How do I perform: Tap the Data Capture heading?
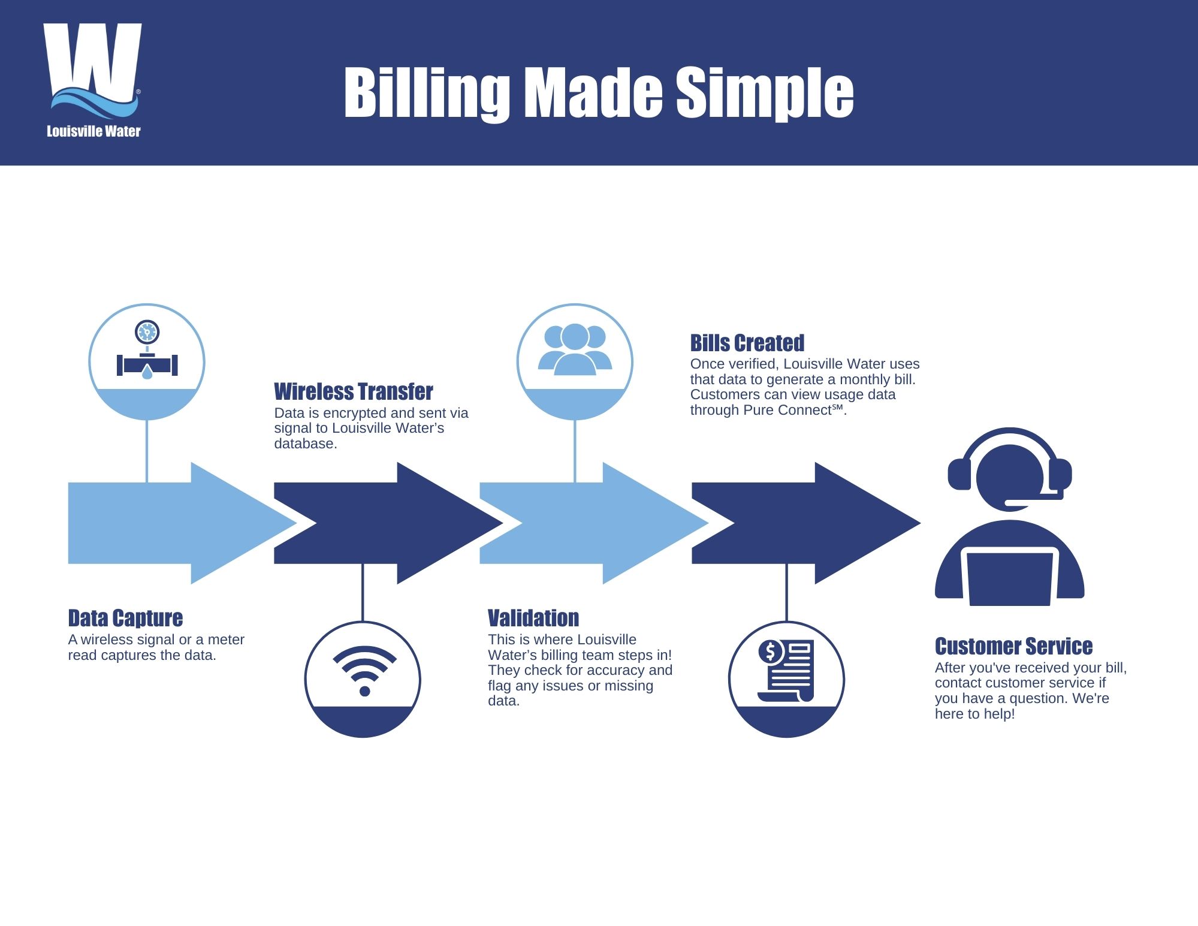125,618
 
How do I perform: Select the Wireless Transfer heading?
353,391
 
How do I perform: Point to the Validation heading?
533,618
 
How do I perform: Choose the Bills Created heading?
747,343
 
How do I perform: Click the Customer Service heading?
1013,646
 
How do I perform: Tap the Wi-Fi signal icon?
364,670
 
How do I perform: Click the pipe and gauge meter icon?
147,357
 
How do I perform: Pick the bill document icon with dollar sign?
786,670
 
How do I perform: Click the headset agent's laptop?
1010,577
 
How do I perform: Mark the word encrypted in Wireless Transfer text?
355,413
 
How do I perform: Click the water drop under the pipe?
147,373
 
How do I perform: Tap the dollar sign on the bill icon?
771,651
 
